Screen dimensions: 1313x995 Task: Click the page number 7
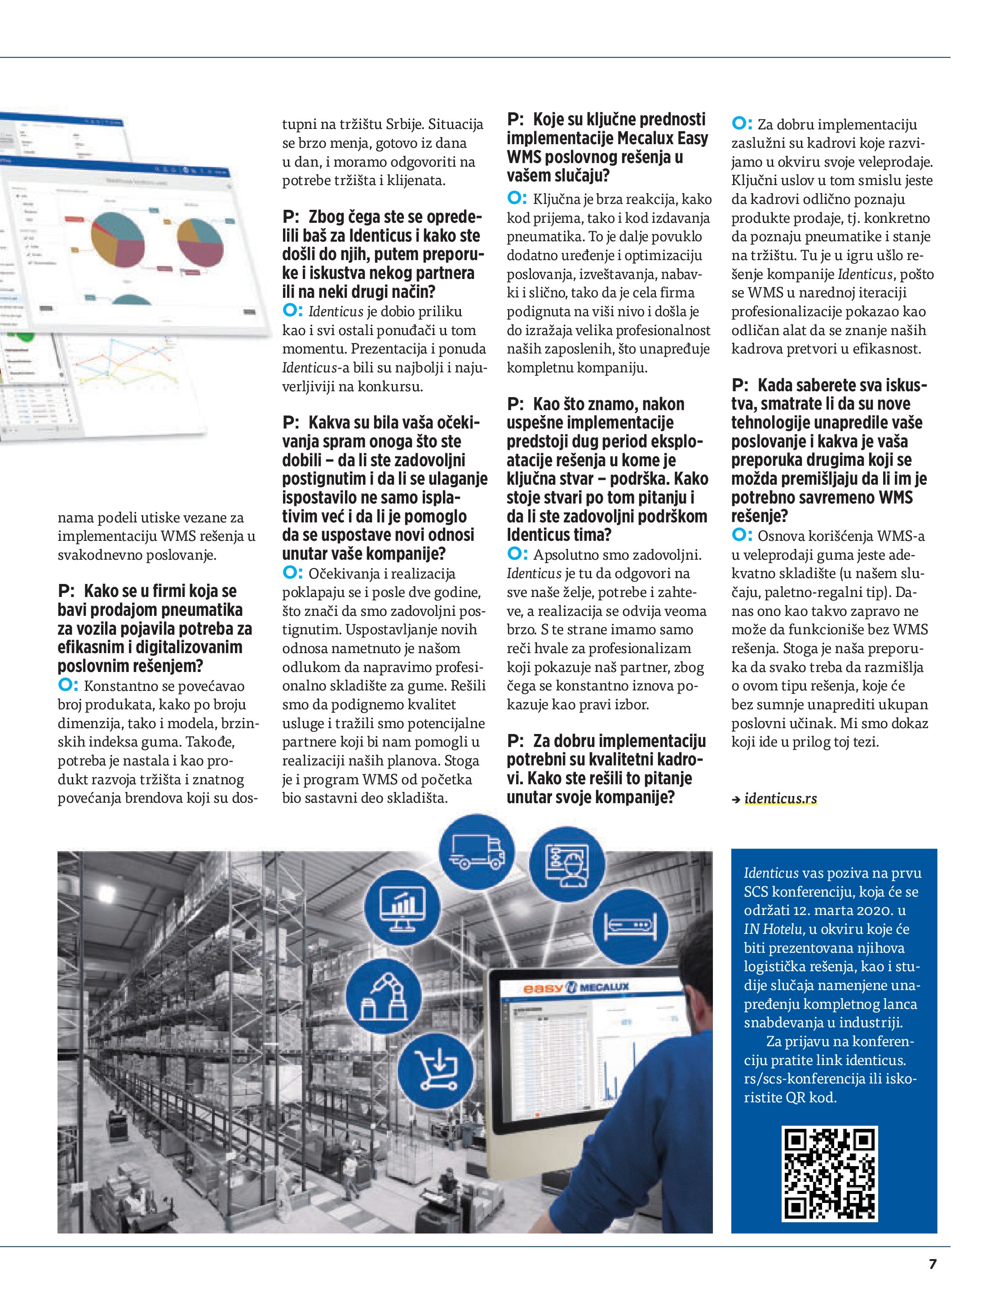tap(932, 1264)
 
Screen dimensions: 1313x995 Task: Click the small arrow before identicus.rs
tap(736, 800)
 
